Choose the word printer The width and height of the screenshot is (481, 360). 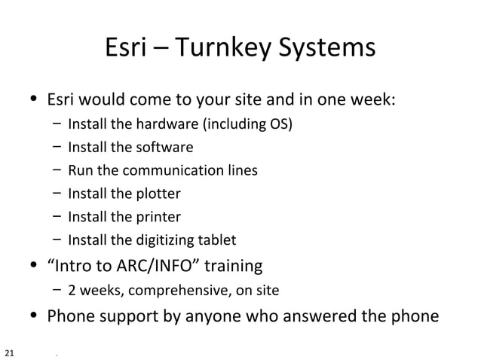point(157,218)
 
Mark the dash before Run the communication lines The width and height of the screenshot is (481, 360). point(57,171)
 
